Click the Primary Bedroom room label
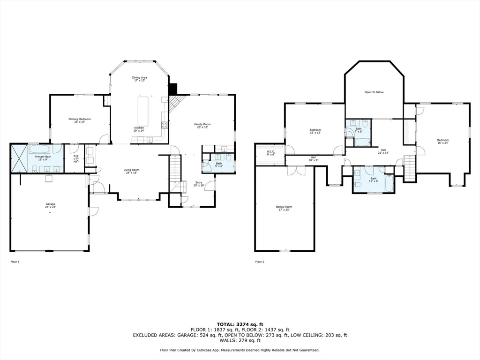point(79,120)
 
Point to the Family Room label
point(201,125)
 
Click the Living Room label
point(131,171)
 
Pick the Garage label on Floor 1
point(51,205)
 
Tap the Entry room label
point(199,184)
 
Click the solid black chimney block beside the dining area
point(173,89)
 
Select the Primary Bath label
point(43,158)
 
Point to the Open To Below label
point(374,92)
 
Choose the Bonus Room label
point(284,208)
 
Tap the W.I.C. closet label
point(270,153)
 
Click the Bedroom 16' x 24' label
point(442,141)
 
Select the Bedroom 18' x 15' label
point(315,131)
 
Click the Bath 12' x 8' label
point(373,180)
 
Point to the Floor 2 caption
point(260,262)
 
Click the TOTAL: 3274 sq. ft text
point(240,324)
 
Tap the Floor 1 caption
point(15,262)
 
